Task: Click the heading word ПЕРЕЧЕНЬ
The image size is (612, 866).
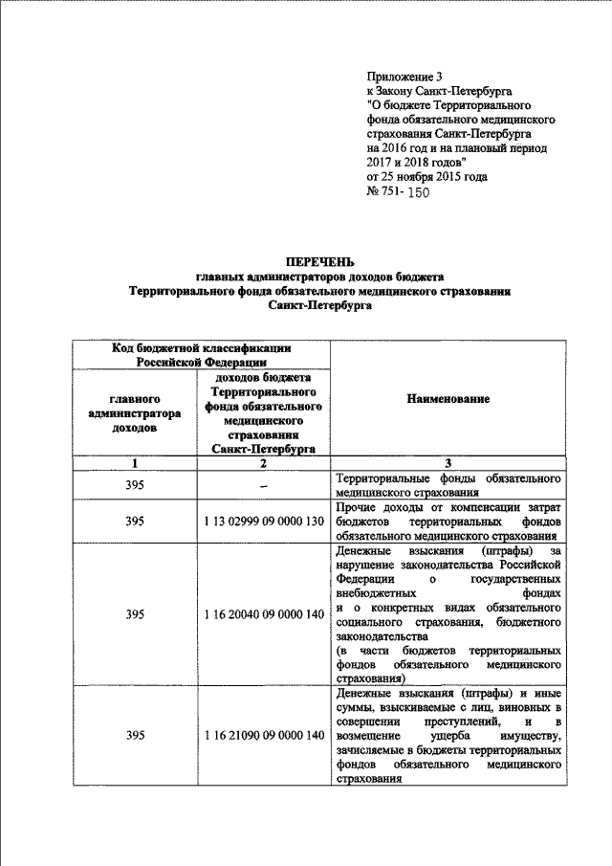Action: click(x=321, y=261)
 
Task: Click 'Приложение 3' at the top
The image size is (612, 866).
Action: click(x=405, y=76)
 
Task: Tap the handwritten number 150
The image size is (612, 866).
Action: click(x=419, y=192)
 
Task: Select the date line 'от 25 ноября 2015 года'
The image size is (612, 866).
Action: click(x=426, y=177)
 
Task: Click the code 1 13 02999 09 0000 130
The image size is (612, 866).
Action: click(x=264, y=522)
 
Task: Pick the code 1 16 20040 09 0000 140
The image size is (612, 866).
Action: click(x=264, y=614)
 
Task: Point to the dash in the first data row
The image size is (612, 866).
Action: click(x=263, y=486)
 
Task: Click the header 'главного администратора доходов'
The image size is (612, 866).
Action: click(x=134, y=412)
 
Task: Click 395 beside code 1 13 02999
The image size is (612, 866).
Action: click(x=135, y=522)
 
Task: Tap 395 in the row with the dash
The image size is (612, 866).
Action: click(x=135, y=486)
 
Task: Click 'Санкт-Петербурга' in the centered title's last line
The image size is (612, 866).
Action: click(x=321, y=307)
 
